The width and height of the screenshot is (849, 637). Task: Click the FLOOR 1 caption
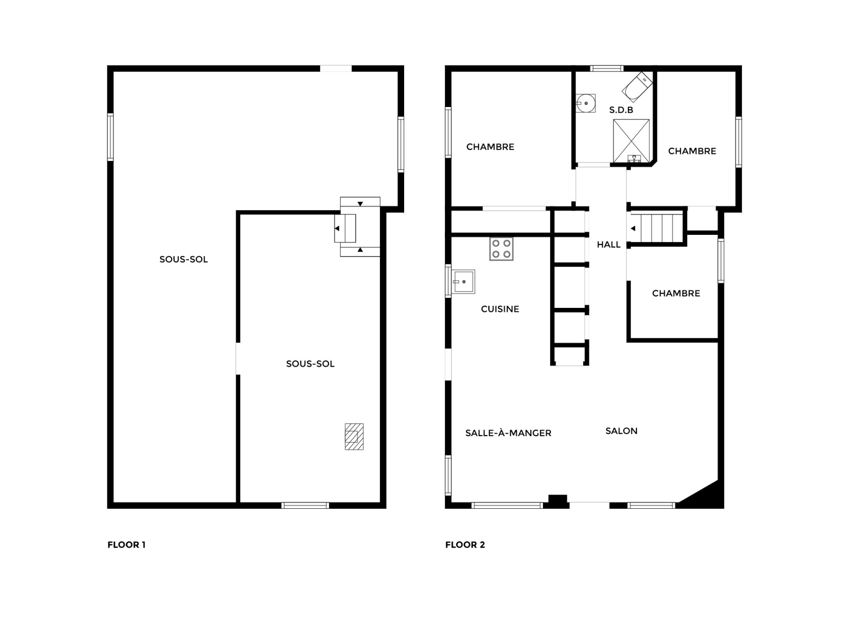[x=126, y=545]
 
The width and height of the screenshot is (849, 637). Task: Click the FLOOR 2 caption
[x=465, y=545]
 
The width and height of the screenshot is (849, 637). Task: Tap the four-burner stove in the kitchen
[x=501, y=249]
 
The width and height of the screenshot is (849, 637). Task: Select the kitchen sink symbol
[x=463, y=282]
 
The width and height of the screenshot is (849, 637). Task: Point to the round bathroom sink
[x=586, y=104]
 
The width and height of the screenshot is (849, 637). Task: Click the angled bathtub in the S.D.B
[x=637, y=87]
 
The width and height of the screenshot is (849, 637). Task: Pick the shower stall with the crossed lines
[x=631, y=141]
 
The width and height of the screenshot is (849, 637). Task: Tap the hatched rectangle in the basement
[x=354, y=437]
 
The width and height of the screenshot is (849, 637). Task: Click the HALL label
[x=608, y=245]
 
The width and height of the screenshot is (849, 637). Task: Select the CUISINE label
[x=500, y=309]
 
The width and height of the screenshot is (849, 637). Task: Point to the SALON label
[x=621, y=431]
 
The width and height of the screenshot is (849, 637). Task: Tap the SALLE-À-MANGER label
[x=508, y=433]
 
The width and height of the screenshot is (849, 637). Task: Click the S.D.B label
[x=621, y=110]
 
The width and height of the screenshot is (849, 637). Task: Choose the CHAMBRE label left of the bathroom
[x=490, y=147]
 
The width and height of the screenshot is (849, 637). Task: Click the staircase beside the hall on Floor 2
[x=656, y=228]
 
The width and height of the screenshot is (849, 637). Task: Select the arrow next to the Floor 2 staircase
[x=633, y=229]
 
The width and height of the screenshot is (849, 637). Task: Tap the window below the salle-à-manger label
[x=507, y=505]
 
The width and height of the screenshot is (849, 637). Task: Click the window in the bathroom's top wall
[x=607, y=69]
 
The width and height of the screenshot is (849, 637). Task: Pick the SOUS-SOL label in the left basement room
[x=184, y=260]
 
